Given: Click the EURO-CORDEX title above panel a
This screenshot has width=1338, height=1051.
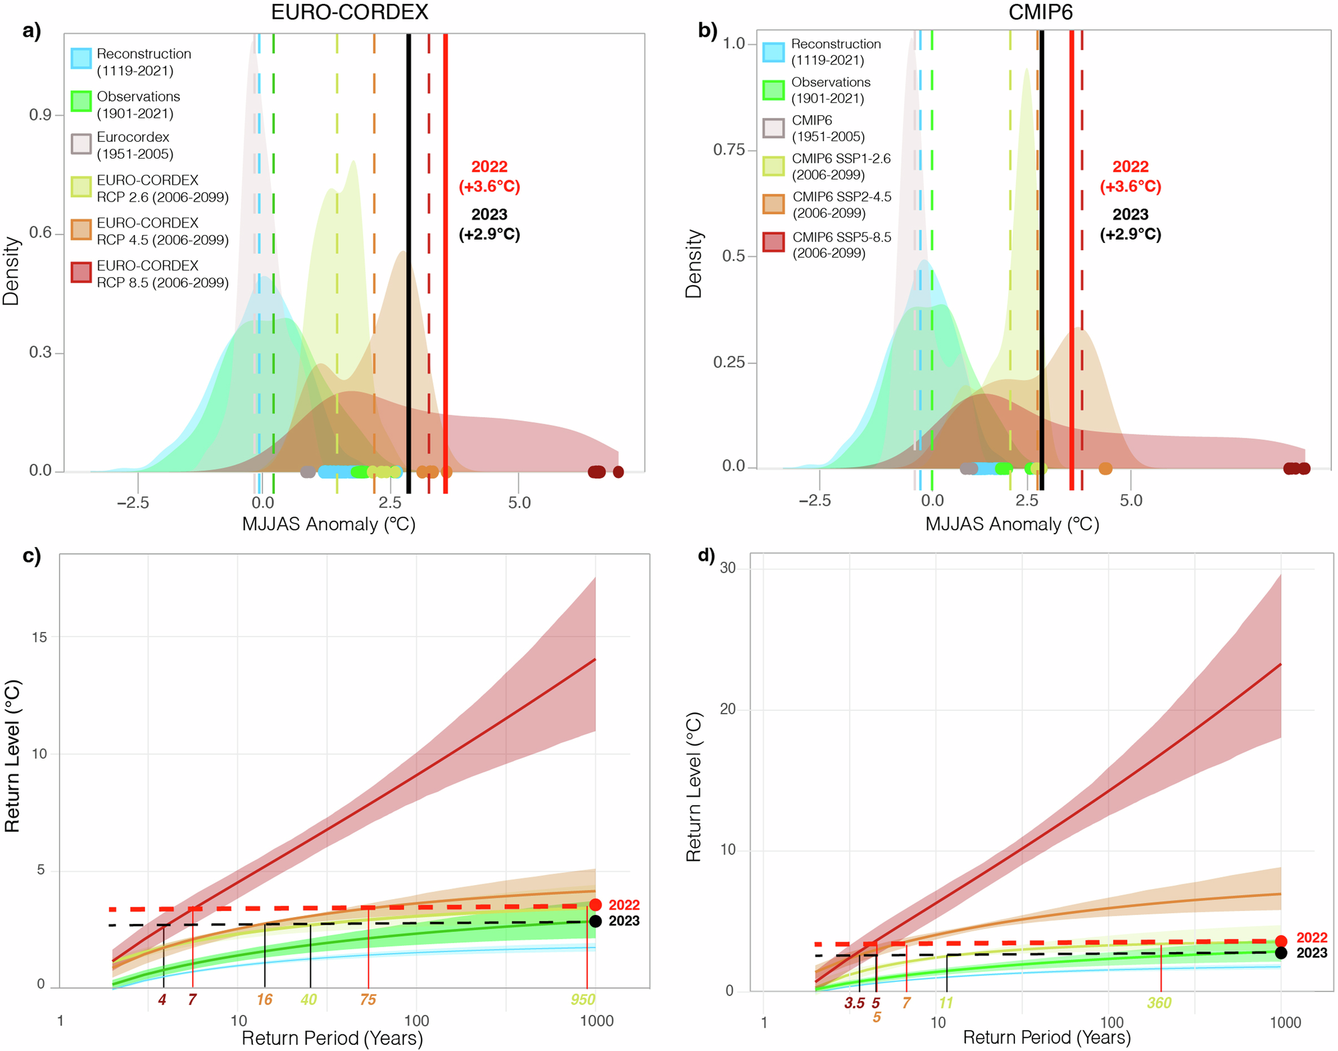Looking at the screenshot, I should tap(349, 12).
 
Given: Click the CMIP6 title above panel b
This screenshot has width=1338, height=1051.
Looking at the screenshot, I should tap(1040, 12).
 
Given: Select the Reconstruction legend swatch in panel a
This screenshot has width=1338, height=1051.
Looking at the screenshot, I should tap(81, 59).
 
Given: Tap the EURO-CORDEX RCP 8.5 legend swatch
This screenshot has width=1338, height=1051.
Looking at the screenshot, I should tap(81, 272).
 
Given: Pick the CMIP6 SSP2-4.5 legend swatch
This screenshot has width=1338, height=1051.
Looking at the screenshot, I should tap(773, 204).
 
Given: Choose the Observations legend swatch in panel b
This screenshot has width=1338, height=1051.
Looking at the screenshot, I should tap(773, 90).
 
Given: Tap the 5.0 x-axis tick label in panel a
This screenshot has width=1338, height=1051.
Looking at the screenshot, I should tap(519, 503).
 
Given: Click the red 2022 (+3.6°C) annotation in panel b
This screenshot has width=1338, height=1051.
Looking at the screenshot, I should tap(1130, 177).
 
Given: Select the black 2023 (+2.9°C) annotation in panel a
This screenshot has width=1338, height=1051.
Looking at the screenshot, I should tap(489, 224).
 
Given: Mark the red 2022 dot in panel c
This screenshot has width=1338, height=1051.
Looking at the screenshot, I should tap(595, 905).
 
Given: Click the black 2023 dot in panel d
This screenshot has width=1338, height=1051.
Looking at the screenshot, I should tap(1280, 953).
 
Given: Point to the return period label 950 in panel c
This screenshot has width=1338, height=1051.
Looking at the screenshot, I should tap(583, 1000).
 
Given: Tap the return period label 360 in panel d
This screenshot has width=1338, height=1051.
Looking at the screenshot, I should tap(1159, 1003).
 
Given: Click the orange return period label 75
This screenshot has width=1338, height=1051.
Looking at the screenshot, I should tap(368, 1000).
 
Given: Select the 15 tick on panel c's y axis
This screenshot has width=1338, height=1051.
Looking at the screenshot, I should tap(39, 637).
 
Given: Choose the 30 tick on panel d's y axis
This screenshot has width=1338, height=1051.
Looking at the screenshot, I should tap(727, 568).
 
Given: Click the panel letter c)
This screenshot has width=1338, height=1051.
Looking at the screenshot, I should tap(31, 556).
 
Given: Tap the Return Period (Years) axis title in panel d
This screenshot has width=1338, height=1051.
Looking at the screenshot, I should tap(1046, 1038).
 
